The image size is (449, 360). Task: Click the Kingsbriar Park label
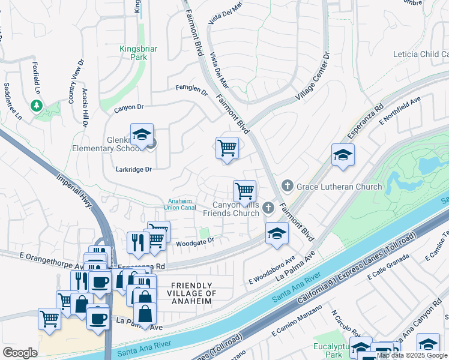(x=131, y=52)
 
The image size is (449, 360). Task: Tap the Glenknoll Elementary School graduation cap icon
(x=142, y=135)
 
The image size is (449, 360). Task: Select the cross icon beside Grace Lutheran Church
(x=288, y=186)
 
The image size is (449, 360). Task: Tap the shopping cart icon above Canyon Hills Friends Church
(x=244, y=191)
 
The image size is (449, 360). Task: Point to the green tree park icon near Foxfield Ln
(x=37, y=106)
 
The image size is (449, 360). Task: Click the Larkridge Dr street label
(x=133, y=170)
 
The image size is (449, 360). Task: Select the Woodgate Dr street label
(x=194, y=243)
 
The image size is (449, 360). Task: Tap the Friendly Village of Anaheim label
(x=192, y=293)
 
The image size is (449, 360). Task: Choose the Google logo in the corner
(x=20, y=353)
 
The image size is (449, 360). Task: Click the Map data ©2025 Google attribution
(x=412, y=355)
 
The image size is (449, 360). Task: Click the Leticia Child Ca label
(x=420, y=54)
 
